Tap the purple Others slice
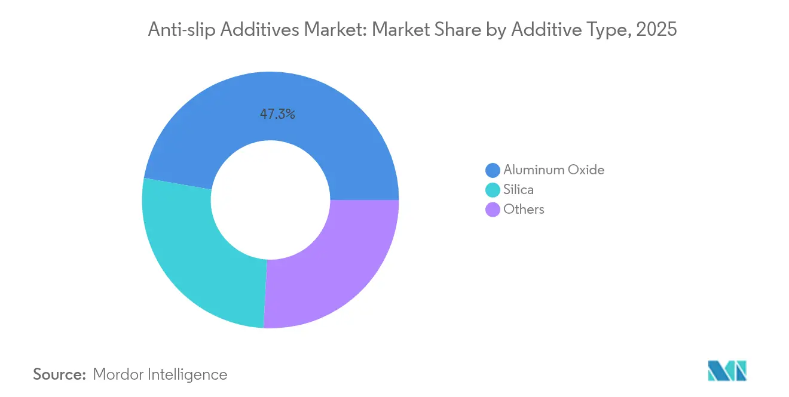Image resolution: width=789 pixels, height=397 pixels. [335, 269]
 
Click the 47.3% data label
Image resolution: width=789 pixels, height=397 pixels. [277, 114]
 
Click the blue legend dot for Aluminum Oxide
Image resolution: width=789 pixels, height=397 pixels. [493, 170]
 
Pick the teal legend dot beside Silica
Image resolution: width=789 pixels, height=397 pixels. [493, 190]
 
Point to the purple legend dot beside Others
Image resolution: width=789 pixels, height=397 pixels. [493, 210]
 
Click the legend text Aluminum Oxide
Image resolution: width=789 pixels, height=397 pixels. [553, 170]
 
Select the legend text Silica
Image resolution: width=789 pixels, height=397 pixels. [518, 189]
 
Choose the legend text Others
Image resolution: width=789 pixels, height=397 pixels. [524, 209]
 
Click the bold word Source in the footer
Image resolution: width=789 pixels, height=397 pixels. [60, 374]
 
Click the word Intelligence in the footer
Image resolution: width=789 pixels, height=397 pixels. [189, 374]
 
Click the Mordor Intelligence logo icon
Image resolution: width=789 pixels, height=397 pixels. [727, 371]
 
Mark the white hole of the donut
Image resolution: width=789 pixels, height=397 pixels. [271, 200]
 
